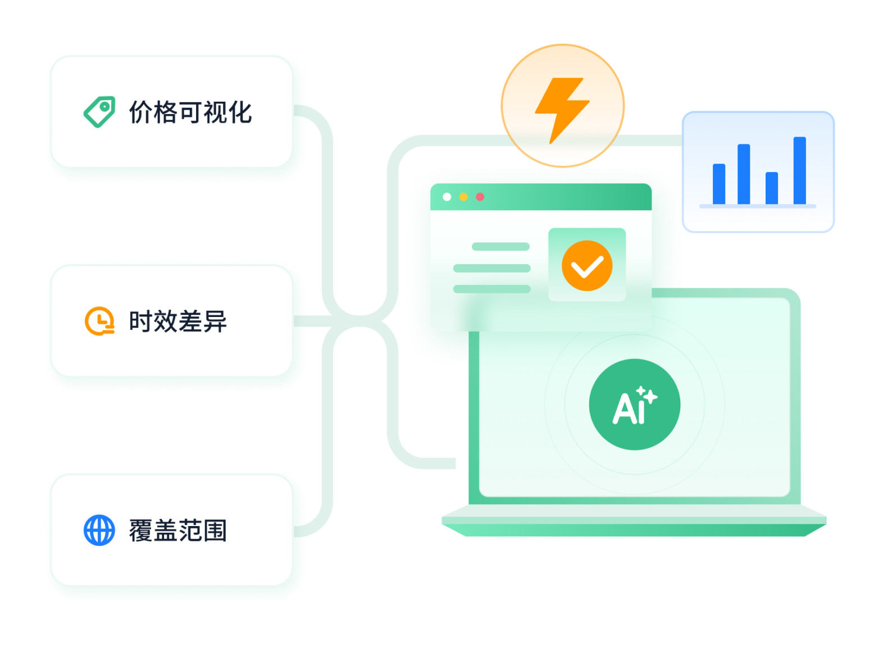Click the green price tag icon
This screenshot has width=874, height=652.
point(99,111)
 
